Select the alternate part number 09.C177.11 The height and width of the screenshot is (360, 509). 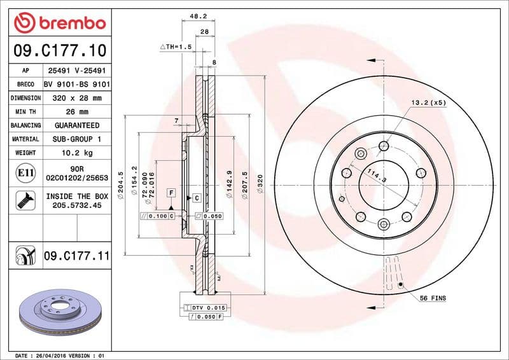pos(76,256)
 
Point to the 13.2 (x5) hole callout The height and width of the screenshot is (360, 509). pos(428,102)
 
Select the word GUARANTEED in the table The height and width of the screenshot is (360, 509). pos(76,125)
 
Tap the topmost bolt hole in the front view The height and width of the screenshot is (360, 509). pos(384,146)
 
